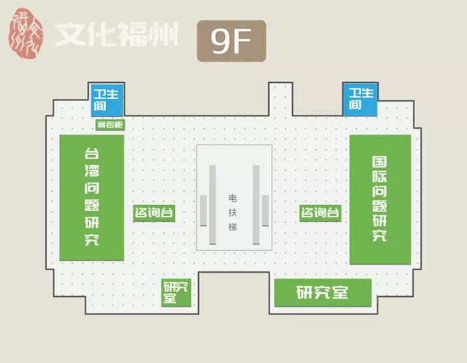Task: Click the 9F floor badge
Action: pyautogui.click(x=231, y=41)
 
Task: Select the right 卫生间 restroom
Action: pyautogui.click(x=360, y=99)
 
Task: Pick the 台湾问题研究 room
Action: pyautogui.click(x=92, y=197)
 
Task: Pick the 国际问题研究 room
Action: pyautogui.click(x=380, y=199)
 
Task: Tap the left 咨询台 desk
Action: pyautogui.click(x=154, y=213)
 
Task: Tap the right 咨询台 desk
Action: pyautogui.click(x=320, y=213)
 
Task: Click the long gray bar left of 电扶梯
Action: pyautogui.click(x=212, y=205)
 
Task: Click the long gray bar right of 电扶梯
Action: pyautogui.click(x=255, y=205)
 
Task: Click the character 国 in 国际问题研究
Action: pyautogui.click(x=380, y=162)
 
